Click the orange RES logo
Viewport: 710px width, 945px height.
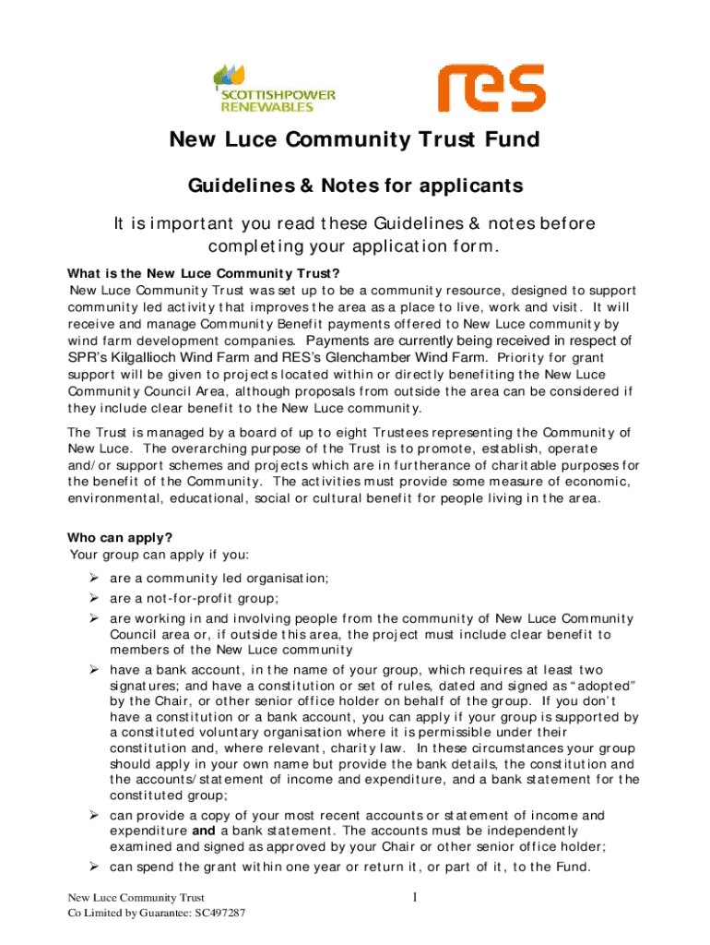pos(484,88)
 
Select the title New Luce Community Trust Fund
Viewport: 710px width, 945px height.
pos(353,140)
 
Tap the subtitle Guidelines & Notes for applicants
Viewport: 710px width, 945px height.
pos(355,186)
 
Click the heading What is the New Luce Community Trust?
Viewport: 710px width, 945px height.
pos(205,273)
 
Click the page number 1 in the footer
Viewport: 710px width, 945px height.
pos(416,897)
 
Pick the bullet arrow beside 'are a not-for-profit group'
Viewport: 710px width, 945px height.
pos(94,598)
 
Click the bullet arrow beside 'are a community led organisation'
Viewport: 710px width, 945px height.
pos(94,579)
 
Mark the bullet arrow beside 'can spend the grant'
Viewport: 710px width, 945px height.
pos(94,867)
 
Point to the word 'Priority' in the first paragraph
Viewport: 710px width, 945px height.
pos(522,358)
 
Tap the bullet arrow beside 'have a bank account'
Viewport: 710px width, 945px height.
pos(94,669)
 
